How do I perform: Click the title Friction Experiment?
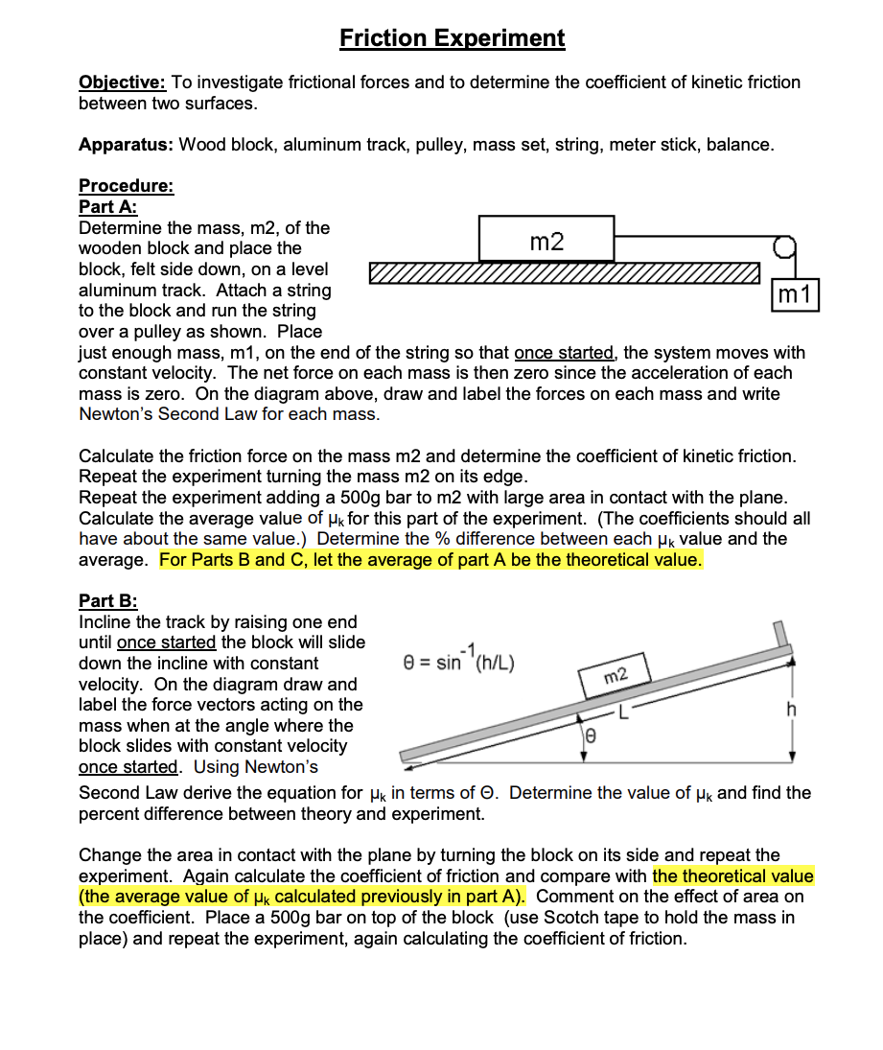[453, 38]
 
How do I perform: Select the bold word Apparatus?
[126, 145]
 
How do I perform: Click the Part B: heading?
[107, 601]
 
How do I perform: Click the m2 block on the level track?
[546, 240]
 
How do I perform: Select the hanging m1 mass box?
[797, 295]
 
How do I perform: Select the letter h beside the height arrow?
[790, 710]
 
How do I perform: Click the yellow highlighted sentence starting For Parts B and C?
[431, 560]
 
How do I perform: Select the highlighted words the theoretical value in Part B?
[732, 875]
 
